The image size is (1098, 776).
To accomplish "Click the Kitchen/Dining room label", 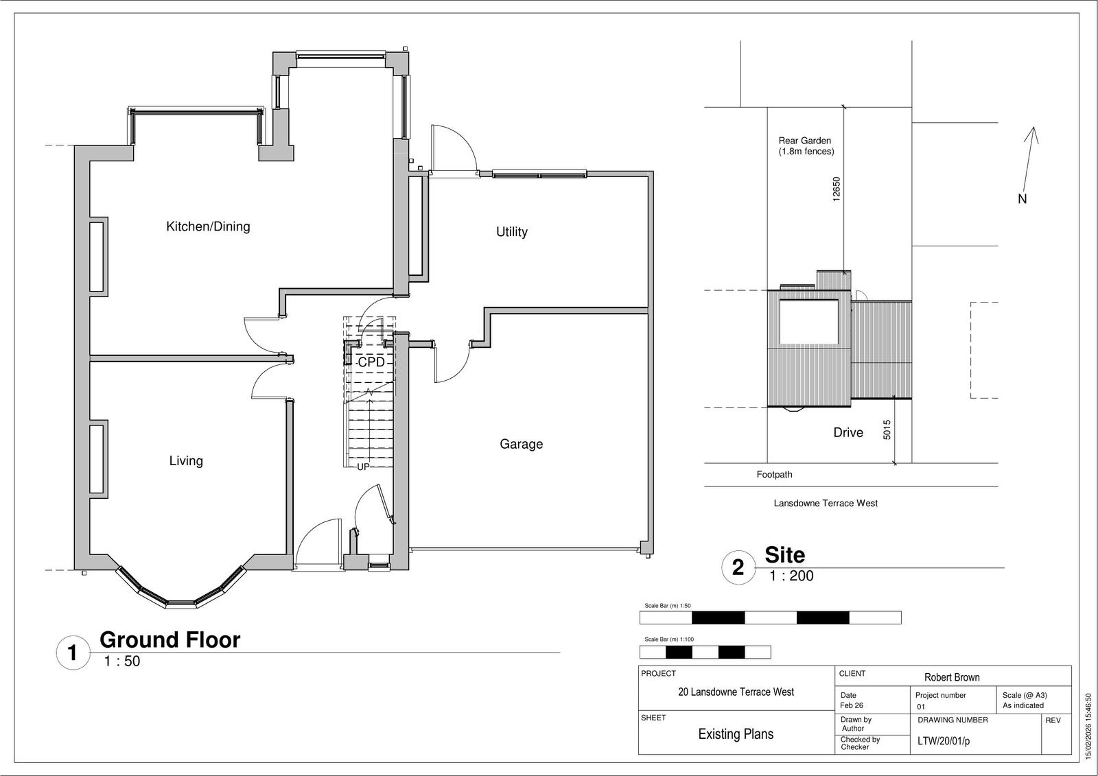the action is pos(208,226).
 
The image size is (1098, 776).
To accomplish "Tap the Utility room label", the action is pos(512,232).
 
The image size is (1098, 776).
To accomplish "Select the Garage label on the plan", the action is pos(521,444).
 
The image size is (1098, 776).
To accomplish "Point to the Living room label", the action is pos(186,461).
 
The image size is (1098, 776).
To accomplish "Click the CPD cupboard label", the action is pos(371,362).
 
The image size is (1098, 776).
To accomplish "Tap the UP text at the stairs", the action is pos(363,467).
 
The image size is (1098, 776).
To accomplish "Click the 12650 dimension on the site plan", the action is pos(837,189).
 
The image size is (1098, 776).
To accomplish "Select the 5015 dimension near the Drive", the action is pos(887,430).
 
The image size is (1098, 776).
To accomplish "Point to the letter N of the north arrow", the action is pos(1022,199).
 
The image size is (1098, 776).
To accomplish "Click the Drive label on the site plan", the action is pos(848,432).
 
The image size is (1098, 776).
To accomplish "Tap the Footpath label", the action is pos(774,475).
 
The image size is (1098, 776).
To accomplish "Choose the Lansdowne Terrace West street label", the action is pos(826,504).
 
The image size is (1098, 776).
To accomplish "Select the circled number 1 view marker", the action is pos(73,652).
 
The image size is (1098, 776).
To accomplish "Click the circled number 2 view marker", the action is pos(738,567).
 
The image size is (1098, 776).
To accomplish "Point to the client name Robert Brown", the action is pos(952,677).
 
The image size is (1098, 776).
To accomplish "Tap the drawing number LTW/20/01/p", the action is pos(943,741).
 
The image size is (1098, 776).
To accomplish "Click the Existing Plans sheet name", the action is pos(736,734).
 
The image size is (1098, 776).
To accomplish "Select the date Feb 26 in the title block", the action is pos(852,705).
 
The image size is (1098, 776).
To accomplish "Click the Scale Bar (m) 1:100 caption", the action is pos(669,639).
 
